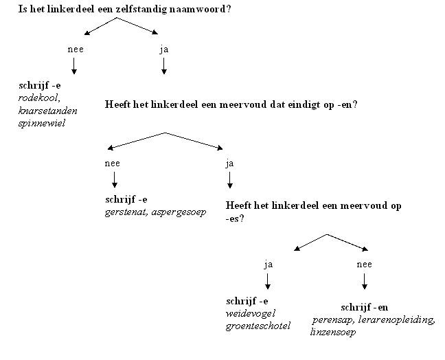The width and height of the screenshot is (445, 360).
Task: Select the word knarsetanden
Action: point(48,111)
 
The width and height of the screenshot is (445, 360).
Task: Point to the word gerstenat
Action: point(126,212)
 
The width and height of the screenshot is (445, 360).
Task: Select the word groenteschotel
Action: point(258,326)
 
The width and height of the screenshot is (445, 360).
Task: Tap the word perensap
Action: point(332,320)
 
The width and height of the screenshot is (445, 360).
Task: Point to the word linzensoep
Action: point(332,333)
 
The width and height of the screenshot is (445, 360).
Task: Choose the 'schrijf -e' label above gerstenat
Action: point(126,199)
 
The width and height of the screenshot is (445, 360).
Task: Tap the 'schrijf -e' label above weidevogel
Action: point(247,301)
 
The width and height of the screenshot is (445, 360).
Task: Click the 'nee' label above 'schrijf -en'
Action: point(364,263)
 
